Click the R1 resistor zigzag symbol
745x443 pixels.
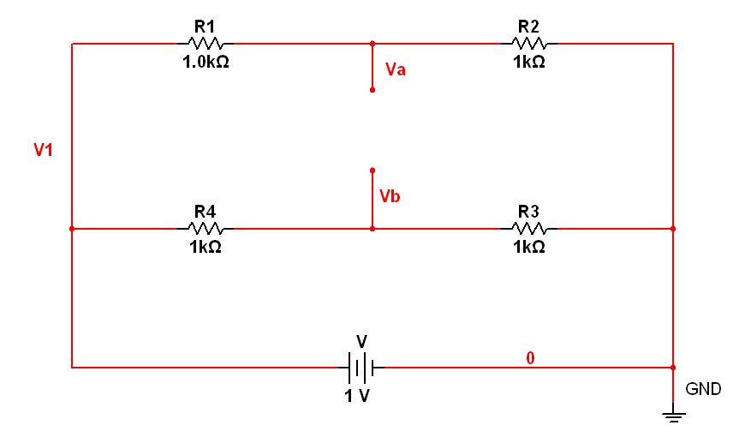206,44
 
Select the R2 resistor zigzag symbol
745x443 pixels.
529,44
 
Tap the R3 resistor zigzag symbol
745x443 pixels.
529,229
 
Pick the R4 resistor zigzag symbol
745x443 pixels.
206,229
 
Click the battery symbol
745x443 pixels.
361,368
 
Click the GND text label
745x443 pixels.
703,389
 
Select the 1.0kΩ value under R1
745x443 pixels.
206,62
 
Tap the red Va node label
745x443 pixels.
396,69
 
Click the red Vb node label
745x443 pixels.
390,196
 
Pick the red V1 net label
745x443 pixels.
43,150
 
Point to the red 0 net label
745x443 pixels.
530,358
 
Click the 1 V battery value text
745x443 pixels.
357,396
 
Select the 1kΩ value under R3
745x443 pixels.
529,247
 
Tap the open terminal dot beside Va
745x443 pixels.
372,90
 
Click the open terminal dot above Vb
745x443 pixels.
372,171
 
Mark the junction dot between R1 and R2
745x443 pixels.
372,44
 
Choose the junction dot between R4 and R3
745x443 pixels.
372,229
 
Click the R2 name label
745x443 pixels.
528,27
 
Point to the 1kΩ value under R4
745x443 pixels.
206,247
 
